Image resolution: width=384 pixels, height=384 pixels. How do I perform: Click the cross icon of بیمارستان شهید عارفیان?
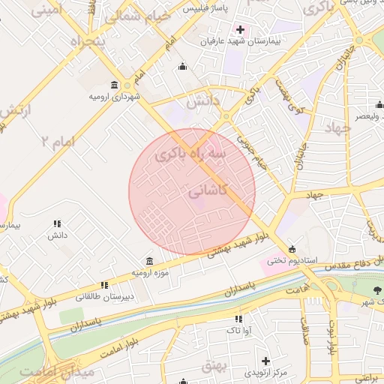(240, 29)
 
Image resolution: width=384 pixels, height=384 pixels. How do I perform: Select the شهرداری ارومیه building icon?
(114, 85)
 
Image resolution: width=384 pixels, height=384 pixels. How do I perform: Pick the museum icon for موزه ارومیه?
(151, 261)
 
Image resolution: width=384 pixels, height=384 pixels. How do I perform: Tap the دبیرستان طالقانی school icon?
(105, 285)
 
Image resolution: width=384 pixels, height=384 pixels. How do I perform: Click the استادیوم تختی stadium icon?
(292, 250)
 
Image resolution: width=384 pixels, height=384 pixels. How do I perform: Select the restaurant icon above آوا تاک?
(239, 319)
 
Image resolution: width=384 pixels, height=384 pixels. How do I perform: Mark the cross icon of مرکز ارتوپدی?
(265, 361)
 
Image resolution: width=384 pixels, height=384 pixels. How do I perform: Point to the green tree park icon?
(377, 289)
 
